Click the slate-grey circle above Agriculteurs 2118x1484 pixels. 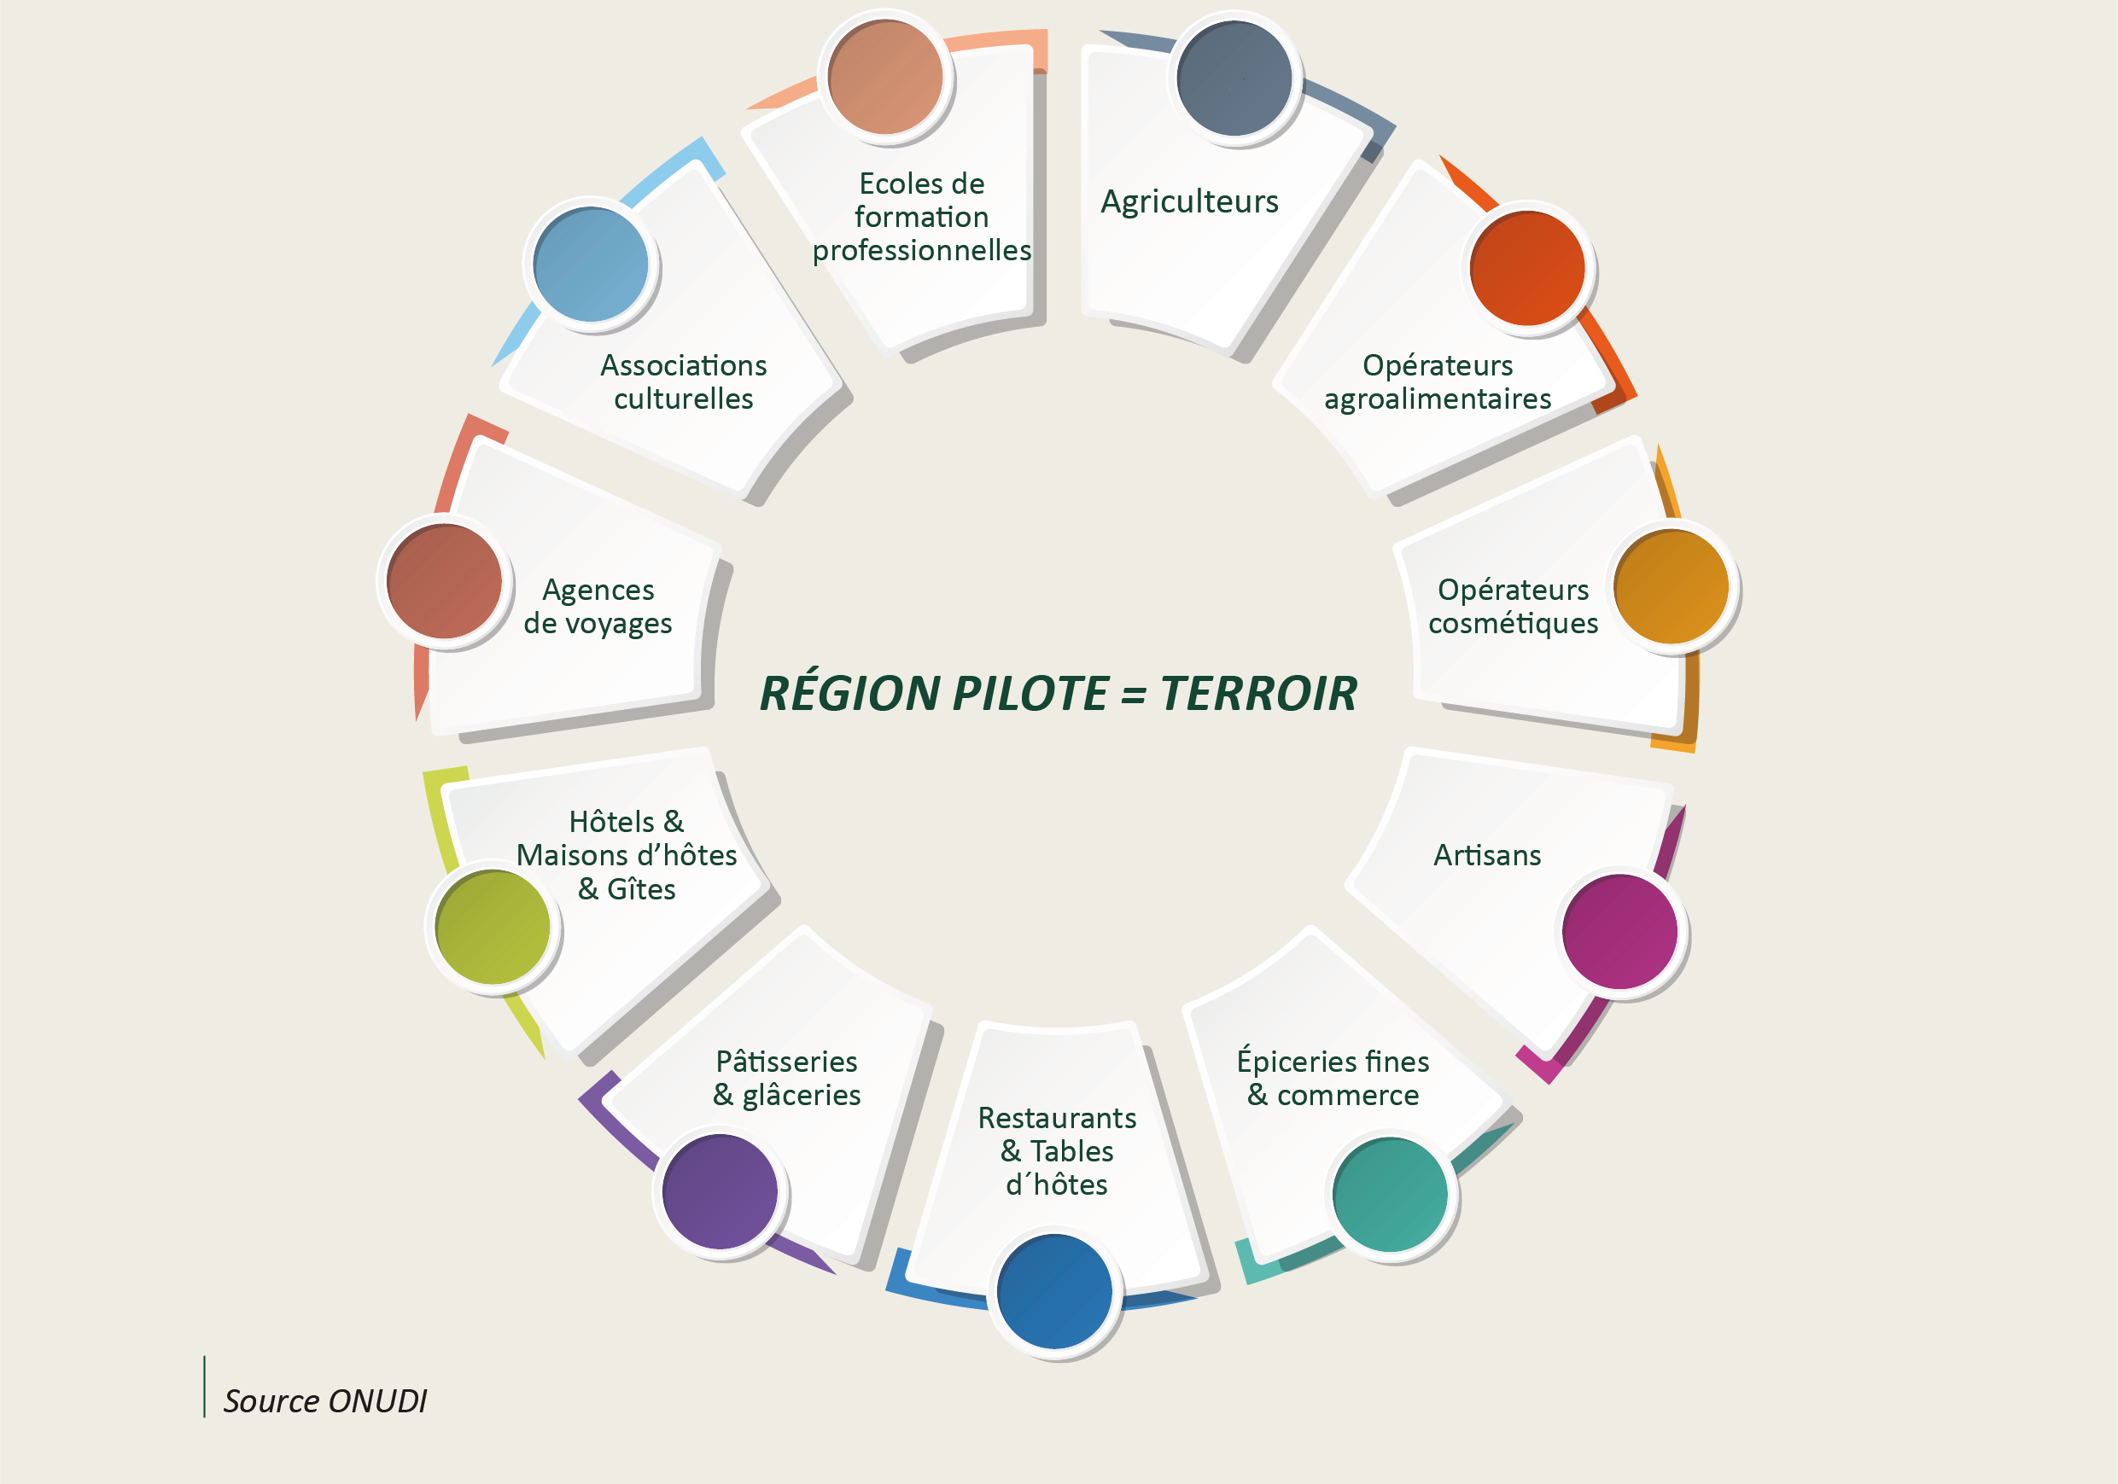(1234, 79)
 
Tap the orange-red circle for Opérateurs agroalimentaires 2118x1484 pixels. (1527, 269)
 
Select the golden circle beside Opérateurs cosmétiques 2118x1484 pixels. (1672, 586)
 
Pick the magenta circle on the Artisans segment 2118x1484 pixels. (1619, 932)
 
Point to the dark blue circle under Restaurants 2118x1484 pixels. (1054, 1291)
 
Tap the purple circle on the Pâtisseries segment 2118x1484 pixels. (721, 1191)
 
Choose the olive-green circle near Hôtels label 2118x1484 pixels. (493, 928)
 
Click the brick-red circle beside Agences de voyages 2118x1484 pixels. (445, 581)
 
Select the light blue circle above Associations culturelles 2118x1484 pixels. (592, 265)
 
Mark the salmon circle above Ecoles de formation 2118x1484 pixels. (885, 78)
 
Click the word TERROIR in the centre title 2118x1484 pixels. (1259, 694)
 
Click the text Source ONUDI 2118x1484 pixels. (324, 1401)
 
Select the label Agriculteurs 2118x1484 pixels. (1190, 202)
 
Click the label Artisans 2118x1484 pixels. (1487, 856)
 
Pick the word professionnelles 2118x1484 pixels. (921, 251)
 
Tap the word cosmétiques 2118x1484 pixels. (1514, 625)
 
